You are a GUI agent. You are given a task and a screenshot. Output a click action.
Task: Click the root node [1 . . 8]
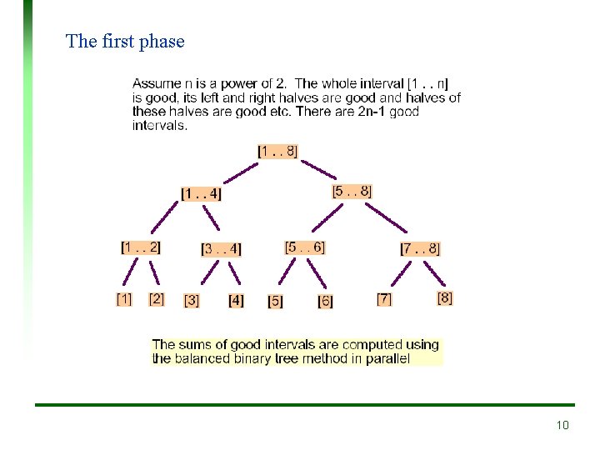277,151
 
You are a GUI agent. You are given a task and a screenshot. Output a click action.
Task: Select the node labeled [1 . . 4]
201,194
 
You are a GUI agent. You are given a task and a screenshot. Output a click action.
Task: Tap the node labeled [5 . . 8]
352,191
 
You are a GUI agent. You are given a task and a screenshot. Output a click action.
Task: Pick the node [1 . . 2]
140,247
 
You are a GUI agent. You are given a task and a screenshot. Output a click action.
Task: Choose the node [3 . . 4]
221,248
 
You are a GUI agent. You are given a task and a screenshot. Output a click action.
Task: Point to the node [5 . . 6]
304,247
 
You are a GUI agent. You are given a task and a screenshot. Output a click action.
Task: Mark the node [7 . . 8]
420,248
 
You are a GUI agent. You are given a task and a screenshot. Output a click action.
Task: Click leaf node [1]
123,298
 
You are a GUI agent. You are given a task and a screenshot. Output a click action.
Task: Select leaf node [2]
157,298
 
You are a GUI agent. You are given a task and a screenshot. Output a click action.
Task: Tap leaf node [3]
192,300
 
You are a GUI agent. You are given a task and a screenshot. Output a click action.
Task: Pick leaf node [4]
236,300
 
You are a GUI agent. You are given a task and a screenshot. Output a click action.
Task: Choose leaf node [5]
275,301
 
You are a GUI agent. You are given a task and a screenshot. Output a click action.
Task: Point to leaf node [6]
325,301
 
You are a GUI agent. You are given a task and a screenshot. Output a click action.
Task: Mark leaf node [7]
384,298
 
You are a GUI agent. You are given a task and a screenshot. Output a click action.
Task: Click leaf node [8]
445,297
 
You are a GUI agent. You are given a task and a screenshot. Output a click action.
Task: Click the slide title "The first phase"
125,41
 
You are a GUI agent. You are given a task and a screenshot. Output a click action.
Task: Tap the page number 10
562,426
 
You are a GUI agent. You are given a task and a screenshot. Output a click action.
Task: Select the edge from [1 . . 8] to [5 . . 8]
320,171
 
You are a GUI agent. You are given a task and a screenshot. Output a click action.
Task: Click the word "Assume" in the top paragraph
153,83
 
